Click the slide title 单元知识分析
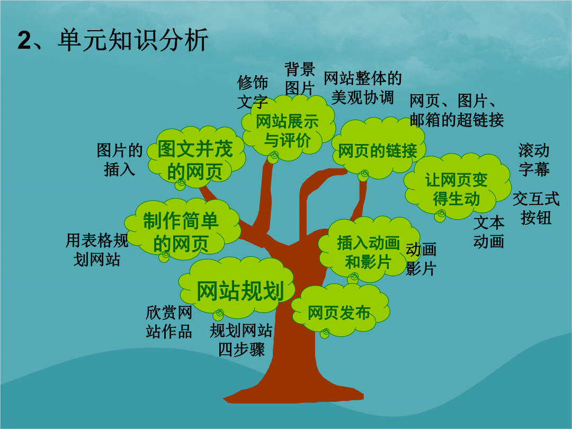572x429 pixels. pyautogui.click(x=133, y=40)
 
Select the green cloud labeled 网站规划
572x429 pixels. pyautogui.click(x=237, y=288)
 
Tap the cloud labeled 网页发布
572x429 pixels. pyautogui.click(x=340, y=310)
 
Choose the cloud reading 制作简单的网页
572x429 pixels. pyautogui.click(x=182, y=230)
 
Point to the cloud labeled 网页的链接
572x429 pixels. pyautogui.click(x=378, y=149)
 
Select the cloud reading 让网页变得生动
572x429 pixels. pyautogui.click(x=457, y=187)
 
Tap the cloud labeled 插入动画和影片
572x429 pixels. pyautogui.click(x=369, y=250)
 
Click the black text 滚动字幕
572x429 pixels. pyautogui.click(x=534, y=160)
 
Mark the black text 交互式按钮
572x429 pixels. pyautogui.click(x=536, y=208)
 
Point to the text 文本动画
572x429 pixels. pyautogui.click(x=489, y=232)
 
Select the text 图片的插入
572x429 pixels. pyautogui.click(x=119, y=160)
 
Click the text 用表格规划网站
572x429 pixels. pyautogui.click(x=97, y=250)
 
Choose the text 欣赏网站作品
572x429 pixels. pyautogui.click(x=169, y=322)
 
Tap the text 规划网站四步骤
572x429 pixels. pyautogui.click(x=241, y=340)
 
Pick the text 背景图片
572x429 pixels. pyautogui.click(x=299, y=78)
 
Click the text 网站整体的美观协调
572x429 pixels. pyautogui.click(x=363, y=88)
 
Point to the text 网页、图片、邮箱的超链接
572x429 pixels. pyautogui.click(x=457, y=110)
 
